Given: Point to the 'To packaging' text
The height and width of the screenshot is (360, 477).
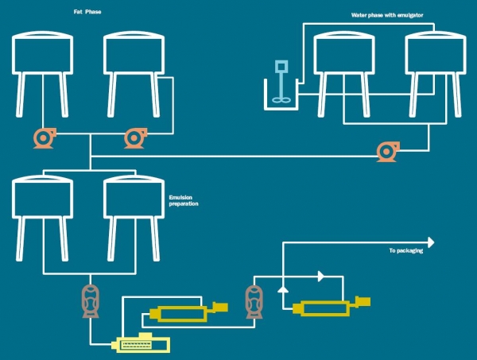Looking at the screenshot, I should click(405, 251).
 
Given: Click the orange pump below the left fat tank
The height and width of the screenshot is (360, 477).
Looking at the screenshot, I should click(43, 138).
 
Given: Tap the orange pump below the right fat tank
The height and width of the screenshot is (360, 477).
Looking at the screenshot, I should click(134, 138).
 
